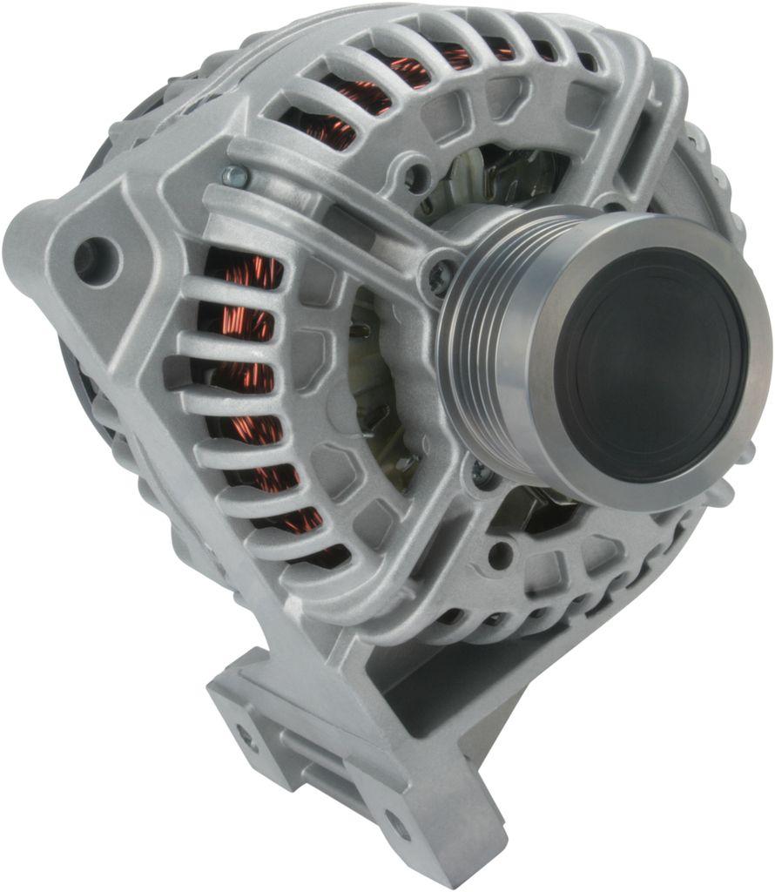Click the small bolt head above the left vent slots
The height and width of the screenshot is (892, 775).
[232, 176]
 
